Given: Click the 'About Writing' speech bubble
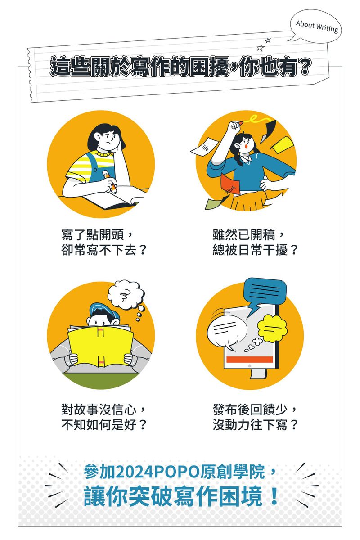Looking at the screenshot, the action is click(316, 26).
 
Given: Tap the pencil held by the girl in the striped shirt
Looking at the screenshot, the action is click(110, 181).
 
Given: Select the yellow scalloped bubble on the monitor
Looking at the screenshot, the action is click(272, 328).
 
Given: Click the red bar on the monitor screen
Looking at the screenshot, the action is click(250, 360).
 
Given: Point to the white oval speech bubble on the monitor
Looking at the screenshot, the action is click(227, 332).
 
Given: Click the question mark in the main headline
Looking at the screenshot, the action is click(301, 66).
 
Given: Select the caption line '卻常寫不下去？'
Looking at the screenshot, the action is click(103, 250).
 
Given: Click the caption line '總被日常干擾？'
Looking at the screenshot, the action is click(255, 250).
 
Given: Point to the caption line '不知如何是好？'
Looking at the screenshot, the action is click(103, 425).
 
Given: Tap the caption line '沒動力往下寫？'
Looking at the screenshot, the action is click(255, 425).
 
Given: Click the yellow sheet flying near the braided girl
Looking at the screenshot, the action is click(282, 144).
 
